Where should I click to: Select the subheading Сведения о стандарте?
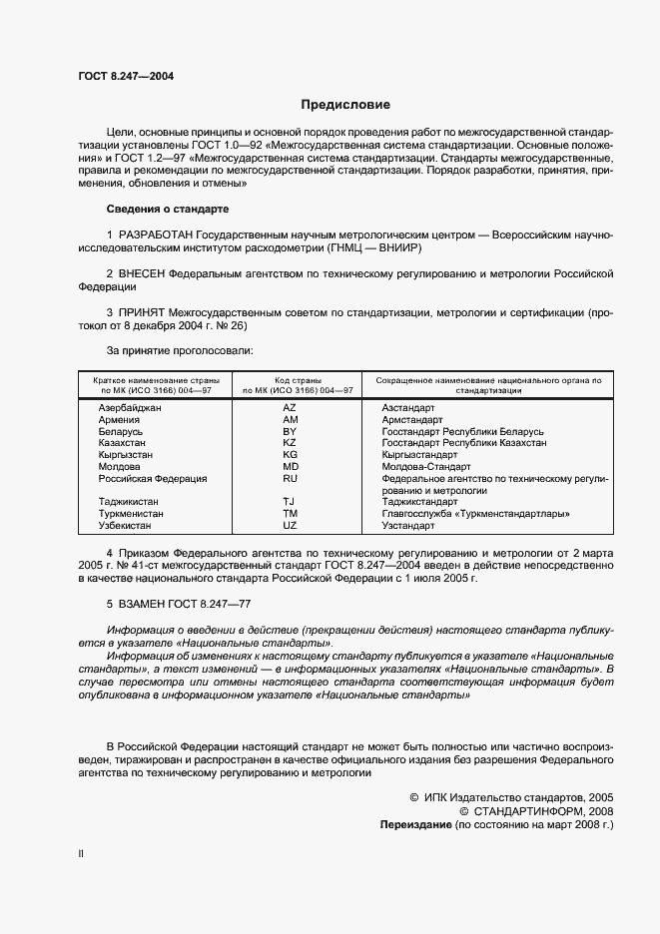coord(167,209)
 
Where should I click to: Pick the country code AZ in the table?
coord(290,409)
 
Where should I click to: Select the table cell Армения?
coord(120,420)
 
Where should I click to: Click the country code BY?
coord(290,431)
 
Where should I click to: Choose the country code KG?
coord(290,454)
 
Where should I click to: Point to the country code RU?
coord(290,478)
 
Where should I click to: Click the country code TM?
coord(290,514)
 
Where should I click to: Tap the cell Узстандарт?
coord(408,525)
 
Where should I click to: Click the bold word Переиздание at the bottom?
coord(414,826)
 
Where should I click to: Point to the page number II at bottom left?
coord(81,853)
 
